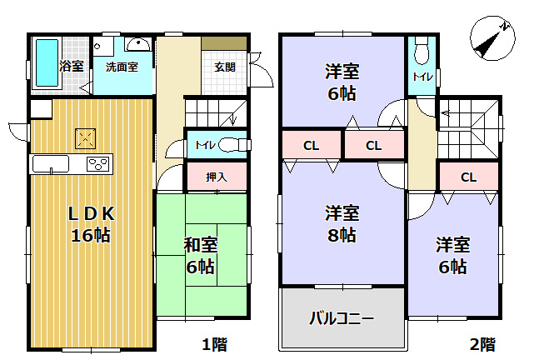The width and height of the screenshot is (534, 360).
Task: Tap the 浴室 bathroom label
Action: click(x=71, y=66)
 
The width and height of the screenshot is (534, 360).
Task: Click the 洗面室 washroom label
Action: click(x=122, y=66)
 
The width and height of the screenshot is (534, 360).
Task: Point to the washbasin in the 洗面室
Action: click(x=137, y=45)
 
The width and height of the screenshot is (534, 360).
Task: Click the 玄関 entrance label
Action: click(x=225, y=67)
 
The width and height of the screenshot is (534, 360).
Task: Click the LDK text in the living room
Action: click(x=90, y=213)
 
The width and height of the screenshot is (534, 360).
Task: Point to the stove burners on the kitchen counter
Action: click(x=99, y=163)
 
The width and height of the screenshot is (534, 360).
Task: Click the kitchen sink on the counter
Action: click(x=52, y=163)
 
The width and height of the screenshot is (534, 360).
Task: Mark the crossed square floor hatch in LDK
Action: click(x=85, y=137)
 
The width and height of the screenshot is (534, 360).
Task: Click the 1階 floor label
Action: click(x=212, y=343)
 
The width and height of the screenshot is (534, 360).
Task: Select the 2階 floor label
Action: click(x=482, y=343)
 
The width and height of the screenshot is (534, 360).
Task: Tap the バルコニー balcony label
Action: click(x=342, y=317)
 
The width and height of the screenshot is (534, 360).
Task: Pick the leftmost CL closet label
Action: click(x=311, y=146)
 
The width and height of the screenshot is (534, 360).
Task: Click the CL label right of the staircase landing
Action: click(x=468, y=177)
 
